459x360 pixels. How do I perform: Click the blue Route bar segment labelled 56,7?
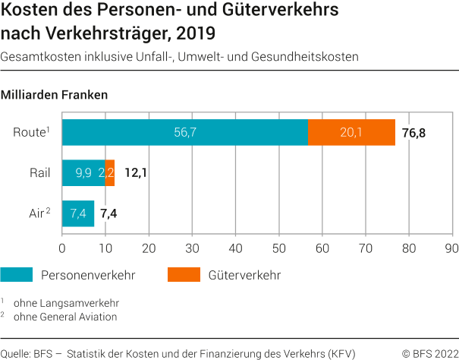[x=184, y=132]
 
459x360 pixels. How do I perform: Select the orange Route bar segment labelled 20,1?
[x=351, y=132]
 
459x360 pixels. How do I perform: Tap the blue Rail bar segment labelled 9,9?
[x=83, y=173]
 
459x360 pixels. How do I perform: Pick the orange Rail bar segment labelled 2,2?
[x=110, y=173]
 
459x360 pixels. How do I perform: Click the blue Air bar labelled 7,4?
[x=78, y=213]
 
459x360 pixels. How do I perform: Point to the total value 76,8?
[x=413, y=133]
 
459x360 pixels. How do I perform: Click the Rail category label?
[x=39, y=173]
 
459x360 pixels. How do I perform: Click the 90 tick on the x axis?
[x=452, y=248]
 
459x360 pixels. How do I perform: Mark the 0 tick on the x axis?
[x=62, y=248]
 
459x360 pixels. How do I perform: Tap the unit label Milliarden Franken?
[x=55, y=96]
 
